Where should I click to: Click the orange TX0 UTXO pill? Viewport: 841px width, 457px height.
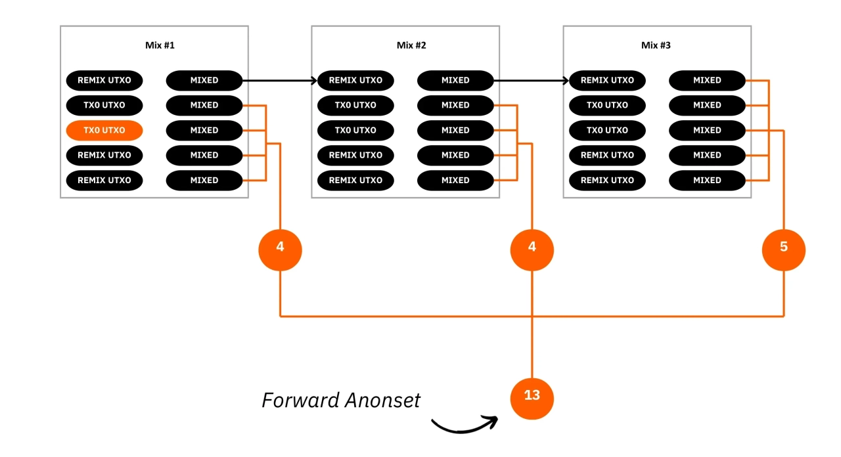point(104,130)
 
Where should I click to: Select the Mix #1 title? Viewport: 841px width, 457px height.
point(160,45)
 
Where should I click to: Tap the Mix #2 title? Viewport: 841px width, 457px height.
point(411,45)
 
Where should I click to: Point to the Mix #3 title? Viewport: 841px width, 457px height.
point(656,45)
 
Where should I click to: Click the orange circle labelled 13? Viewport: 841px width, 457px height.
point(532,397)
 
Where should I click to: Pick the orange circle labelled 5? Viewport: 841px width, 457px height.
point(783,248)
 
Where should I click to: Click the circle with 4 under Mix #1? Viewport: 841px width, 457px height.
point(281,248)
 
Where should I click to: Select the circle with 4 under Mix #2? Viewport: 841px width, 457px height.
point(532,248)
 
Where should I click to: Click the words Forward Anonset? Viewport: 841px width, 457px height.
point(341,400)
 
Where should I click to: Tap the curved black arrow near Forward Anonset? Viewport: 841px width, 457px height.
point(463,425)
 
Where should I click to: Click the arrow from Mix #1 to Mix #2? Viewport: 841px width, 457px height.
point(279,81)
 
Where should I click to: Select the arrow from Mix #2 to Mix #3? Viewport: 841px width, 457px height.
point(531,81)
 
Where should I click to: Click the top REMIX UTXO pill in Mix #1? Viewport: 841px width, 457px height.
point(104,81)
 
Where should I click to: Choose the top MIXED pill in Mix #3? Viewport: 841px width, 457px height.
point(707,81)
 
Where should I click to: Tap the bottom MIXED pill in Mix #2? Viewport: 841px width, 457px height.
point(455,180)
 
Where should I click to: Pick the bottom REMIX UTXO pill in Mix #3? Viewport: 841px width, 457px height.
point(607,180)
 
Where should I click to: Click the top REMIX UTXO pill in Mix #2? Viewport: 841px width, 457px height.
point(355,81)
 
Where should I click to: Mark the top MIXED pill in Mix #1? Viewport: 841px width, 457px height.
point(204,81)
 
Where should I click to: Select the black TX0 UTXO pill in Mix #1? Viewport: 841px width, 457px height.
point(104,105)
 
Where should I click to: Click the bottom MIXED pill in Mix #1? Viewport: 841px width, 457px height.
point(204,180)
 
